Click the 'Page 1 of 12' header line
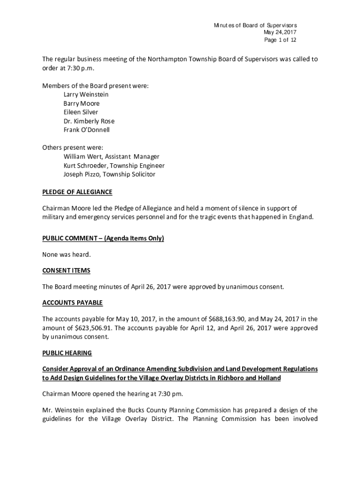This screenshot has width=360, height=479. (280, 40)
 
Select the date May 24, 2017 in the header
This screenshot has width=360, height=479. (280, 32)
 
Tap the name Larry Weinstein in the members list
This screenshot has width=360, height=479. (86, 94)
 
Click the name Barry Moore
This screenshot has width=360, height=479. (81, 103)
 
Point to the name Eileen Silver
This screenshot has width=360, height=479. (81, 112)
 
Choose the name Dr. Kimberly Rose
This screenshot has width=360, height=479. (89, 121)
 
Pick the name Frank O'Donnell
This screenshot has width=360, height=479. (86, 130)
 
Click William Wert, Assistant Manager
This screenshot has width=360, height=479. (111, 157)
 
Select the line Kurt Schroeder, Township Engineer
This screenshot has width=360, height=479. (114, 166)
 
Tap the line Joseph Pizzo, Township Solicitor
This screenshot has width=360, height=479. (109, 174)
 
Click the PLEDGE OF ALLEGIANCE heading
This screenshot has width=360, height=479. (77, 192)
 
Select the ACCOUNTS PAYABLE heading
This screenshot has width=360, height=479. (72, 303)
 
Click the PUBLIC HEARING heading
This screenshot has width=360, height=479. (67, 353)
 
